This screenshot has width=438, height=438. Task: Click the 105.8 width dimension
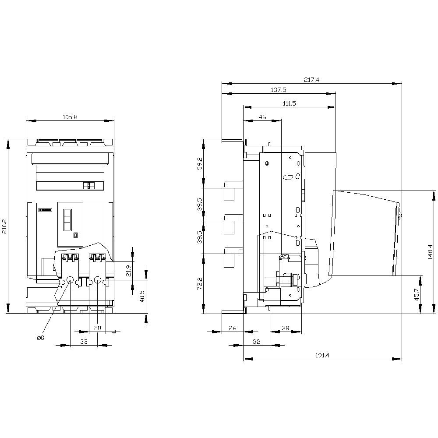click(x=70, y=117)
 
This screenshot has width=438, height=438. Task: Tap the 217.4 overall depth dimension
click(x=311, y=79)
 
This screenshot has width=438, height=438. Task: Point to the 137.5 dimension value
click(x=278, y=90)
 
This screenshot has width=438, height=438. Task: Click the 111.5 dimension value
click(x=289, y=104)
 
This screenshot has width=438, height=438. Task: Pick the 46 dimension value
click(x=262, y=117)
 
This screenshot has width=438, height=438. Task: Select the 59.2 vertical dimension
click(x=200, y=163)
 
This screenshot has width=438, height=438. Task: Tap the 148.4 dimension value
click(x=430, y=252)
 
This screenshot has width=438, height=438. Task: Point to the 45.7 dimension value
click(x=417, y=294)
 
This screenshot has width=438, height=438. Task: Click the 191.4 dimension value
click(x=322, y=355)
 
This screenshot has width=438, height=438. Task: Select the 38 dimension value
click(x=285, y=328)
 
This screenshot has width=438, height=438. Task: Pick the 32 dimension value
click(x=256, y=342)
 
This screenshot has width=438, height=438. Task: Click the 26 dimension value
click(x=232, y=328)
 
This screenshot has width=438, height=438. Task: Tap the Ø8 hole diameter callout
click(x=40, y=338)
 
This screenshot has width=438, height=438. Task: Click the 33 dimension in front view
click(x=84, y=341)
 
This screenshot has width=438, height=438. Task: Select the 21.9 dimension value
click(x=128, y=271)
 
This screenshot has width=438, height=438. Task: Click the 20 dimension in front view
click(x=97, y=328)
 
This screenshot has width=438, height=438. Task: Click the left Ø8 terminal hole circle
click(x=70, y=280)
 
